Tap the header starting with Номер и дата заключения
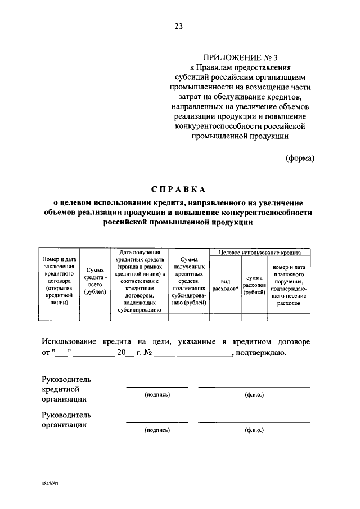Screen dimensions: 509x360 click(x=59, y=280)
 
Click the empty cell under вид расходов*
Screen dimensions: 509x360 click(x=225, y=317)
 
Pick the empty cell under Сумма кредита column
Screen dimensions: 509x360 click(x=94, y=317)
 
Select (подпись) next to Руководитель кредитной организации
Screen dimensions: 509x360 click(x=157, y=394)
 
